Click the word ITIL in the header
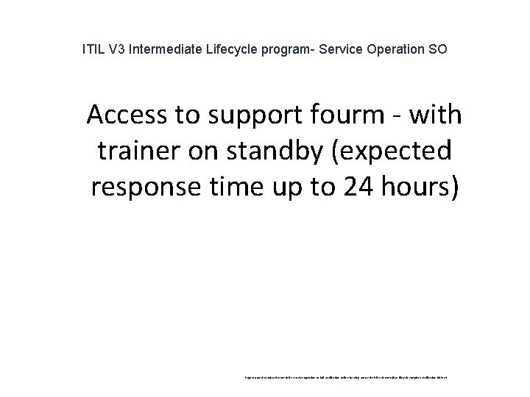(x=93, y=51)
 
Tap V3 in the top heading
(x=117, y=51)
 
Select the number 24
(x=354, y=187)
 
